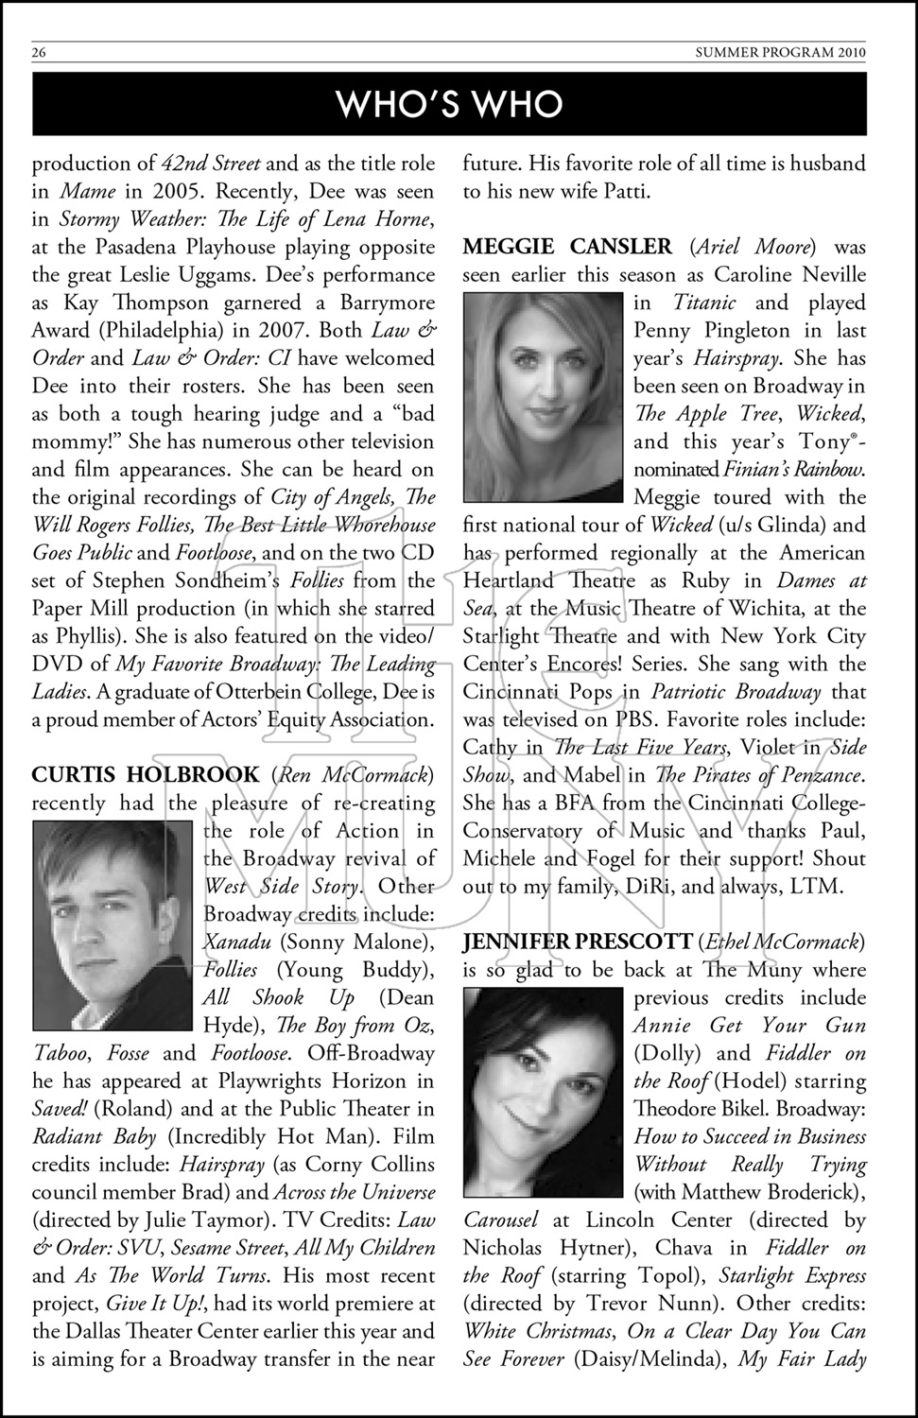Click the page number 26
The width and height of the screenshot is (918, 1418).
pos(39,53)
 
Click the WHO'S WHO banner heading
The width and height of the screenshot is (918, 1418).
pos(450,104)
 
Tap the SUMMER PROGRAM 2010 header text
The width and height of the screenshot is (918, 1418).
pos(780,53)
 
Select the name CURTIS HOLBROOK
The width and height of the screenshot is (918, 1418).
pos(146,775)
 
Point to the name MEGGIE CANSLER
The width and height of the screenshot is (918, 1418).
pos(567,248)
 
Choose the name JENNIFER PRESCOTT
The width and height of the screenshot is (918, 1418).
pos(577,942)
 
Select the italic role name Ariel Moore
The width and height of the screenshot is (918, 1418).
pos(753,248)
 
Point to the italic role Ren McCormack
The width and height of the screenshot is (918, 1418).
pos(352,775)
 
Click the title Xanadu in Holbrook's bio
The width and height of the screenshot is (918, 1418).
pos(237,942)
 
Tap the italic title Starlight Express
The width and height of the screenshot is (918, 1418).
pos(792,1275)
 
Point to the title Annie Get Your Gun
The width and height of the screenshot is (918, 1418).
pos(749,1026)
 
